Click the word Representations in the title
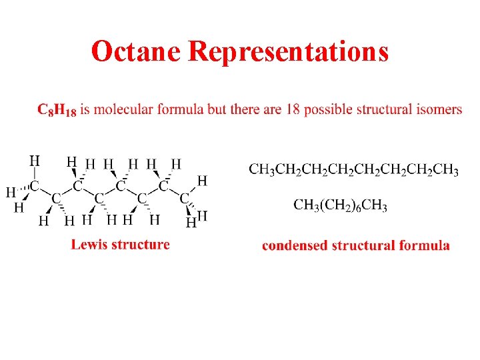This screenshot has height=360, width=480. click(x=288, y=51)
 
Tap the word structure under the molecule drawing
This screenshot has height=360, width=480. click(x=141, y=245)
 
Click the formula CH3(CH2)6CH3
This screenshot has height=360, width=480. click(x=340, y=205)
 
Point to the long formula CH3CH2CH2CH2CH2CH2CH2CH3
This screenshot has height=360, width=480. click(x=353, y=170)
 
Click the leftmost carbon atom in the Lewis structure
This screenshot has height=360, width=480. click(x=34, y=185)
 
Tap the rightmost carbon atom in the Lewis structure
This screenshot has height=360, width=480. click(x=185, y=197)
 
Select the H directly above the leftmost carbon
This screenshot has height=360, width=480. click(x=34, y=161)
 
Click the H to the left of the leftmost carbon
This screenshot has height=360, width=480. click(x=10, y=192)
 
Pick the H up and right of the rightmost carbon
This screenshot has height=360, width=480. click(x=201, y=181)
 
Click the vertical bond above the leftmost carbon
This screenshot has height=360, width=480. click(x=34, y=173)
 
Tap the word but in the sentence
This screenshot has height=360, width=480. click(x=217, y=109)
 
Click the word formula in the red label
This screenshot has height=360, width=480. click(x=424, y=246)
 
